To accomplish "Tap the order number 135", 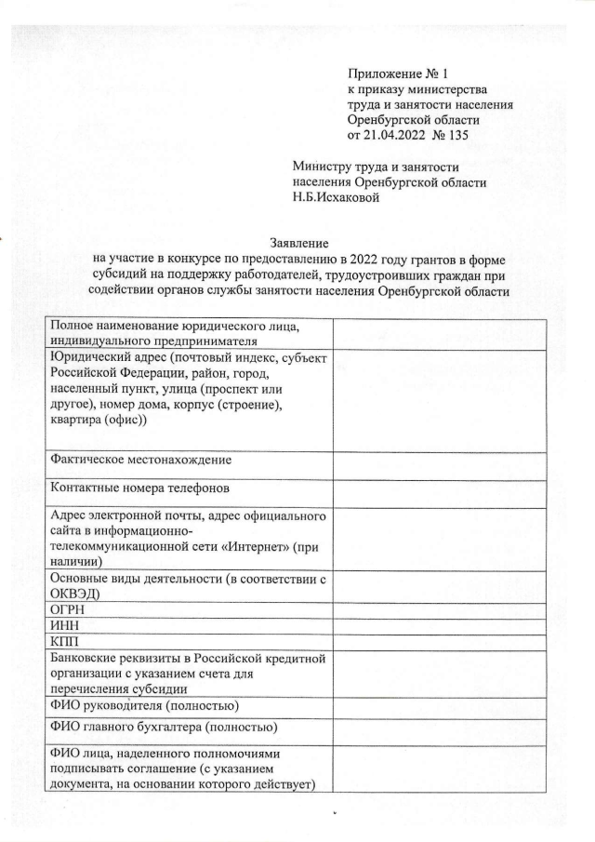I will pos(462,136).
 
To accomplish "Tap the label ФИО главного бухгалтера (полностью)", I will pos(164,726).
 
